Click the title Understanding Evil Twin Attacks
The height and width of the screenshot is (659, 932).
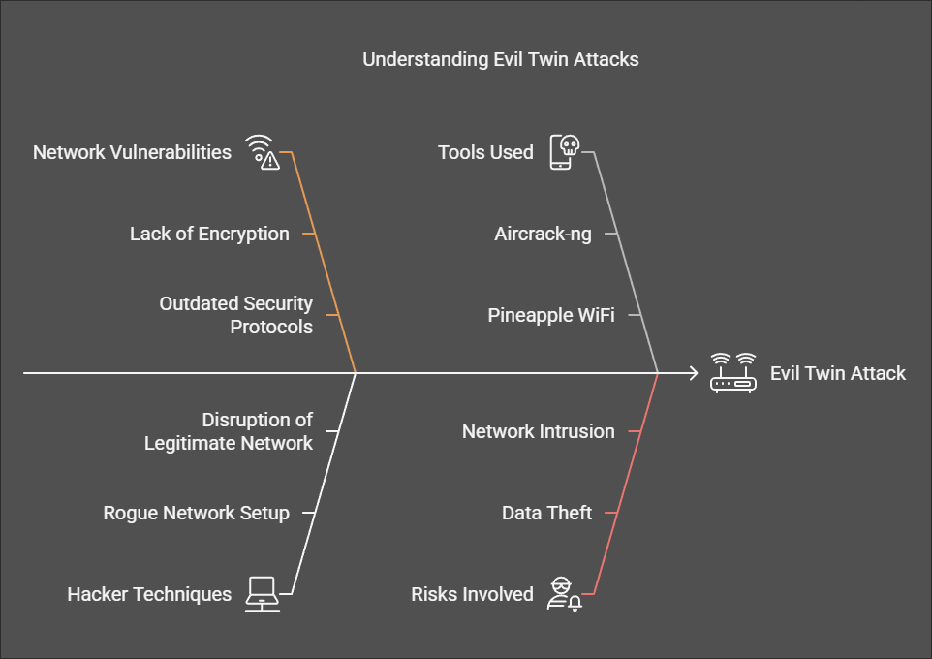coord(501,59)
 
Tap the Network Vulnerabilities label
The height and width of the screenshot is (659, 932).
coord(132,152)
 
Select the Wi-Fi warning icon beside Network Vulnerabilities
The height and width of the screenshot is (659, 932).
coord(262,152)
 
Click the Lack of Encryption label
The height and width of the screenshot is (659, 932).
coord(209,234)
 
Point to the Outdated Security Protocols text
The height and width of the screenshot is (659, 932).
coord(235,315)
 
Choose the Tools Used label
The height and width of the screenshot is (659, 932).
coord(485,152)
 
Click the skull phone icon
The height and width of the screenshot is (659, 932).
coord(564,152)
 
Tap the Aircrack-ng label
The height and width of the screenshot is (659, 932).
coord(543,234)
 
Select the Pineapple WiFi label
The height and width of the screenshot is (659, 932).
coord(550,315)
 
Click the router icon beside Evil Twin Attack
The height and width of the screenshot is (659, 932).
coord(732,372)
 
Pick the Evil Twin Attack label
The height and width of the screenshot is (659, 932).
coord(838,373)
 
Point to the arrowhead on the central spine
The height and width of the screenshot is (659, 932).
coord(692,372)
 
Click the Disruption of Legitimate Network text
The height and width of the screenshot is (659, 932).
coord(229,431)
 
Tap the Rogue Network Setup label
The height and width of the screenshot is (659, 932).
coord(197,513)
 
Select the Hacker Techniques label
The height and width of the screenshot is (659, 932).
coord(149,594)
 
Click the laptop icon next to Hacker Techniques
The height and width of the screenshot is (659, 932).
coord(262,592)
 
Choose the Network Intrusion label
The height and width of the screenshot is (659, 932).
coord(538,431)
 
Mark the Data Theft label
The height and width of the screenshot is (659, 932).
coord(546,513)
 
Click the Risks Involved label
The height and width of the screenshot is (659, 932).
coord(472,594)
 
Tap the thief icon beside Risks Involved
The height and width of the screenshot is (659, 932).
coord(563,592)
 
